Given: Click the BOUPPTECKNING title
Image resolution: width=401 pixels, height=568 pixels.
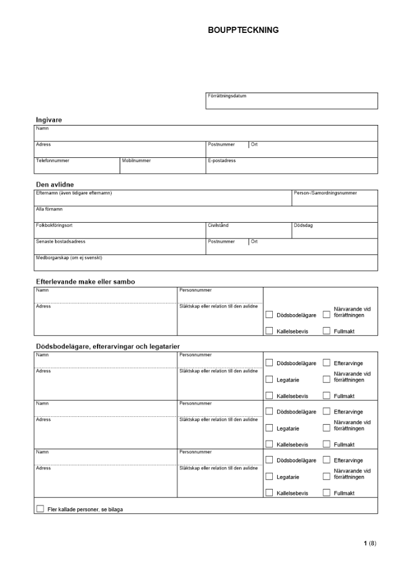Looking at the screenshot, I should pyautogui.click(x=243, y=30).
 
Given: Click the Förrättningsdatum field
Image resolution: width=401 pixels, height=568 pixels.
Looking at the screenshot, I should pyautogui.click(x=291, y=101).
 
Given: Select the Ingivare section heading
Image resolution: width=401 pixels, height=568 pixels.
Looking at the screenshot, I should pyautogui.click(x=49, y=120).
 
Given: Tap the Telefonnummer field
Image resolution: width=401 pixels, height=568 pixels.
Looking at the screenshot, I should pyautogui.click(x=77, y=166).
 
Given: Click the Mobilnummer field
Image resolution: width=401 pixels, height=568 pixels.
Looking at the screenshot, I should pyautogui.click(x=162, y=166).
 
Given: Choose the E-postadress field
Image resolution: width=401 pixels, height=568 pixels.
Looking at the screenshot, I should pyautogui.click(x=291, y=166).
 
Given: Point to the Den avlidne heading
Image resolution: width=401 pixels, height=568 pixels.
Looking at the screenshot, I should pyautogui.click(x=54, y=185).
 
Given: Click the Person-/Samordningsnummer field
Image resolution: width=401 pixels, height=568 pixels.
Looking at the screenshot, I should pyautogui.click(x=334, y=198).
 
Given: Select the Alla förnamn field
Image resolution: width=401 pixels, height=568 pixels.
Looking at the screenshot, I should pyautogui.click(x=205, y=215).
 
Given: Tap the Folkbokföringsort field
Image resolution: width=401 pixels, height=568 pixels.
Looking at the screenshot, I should pyautogui.click(x=119, y=231).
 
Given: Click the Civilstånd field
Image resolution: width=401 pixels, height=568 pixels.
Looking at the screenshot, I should pyautogui.click(x=248, y=231).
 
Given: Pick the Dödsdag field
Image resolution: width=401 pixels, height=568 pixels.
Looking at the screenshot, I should pyautogui.click(x=334, y=231).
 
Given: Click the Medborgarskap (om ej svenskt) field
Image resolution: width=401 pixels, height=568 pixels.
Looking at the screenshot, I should pyautogui.click(x=205, y=263).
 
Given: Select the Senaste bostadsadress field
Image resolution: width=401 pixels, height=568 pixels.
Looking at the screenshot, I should pyautogui.click(x=119, y=247).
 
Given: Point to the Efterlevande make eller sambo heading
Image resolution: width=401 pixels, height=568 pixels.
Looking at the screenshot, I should pyautogui.click(x=85, y=282).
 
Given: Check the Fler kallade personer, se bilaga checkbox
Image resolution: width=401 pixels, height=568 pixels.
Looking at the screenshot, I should pyautogui.click(x=40, y=509).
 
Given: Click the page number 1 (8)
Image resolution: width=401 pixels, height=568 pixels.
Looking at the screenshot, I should pyautogui.click(x=369, y=544).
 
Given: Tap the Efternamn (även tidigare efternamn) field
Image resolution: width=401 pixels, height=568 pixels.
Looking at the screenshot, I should pyautogui.click(x=162, y=198).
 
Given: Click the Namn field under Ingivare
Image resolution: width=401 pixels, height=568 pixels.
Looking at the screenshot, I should pyautogui.click(x=205, y=133).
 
